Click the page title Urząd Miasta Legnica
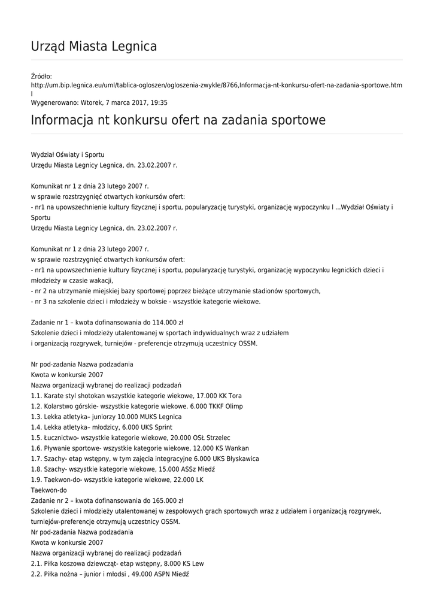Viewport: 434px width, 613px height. [x=94, y=46]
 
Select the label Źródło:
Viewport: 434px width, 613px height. [x=41, y=76]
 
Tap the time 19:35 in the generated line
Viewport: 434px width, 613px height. [x=160, y=103]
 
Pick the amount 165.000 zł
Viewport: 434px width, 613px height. [x=166, y=500]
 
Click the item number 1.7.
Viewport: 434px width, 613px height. [x=36, y=459]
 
